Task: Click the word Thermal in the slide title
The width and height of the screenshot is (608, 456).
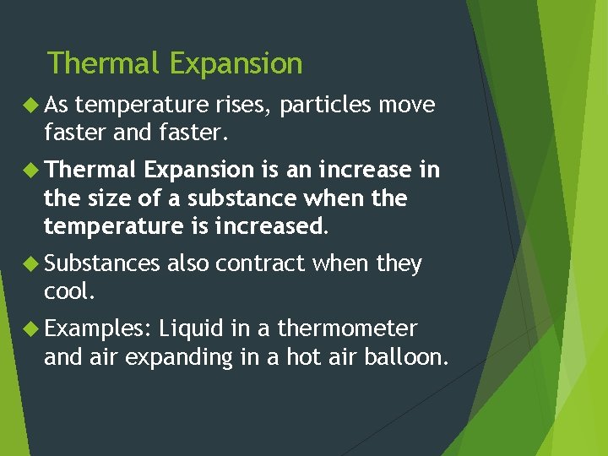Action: [x=104, y=63]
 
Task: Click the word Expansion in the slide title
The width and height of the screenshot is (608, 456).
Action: [x=236, y=63]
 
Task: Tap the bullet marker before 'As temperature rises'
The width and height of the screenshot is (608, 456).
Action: [x=33, y=105]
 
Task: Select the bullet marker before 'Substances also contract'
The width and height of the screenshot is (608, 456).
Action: [x=33, y=263]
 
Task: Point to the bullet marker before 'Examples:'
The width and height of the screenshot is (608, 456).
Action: [x=33, y=328]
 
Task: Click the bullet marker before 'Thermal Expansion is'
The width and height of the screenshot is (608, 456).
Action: [x=33, y=170]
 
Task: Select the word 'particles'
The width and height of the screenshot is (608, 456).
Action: [x=326, y=106]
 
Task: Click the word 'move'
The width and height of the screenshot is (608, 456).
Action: [x=407, y=105]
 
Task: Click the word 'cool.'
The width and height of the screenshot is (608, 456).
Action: [x=68, y=292]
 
